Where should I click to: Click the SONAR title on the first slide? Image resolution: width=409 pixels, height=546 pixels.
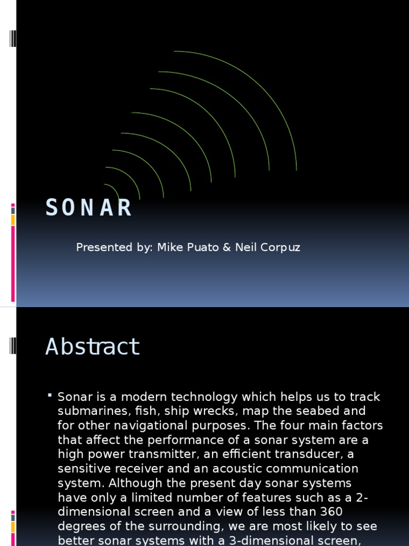click(x=88, y=208)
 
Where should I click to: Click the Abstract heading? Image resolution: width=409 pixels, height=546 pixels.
click(x=92, y=347)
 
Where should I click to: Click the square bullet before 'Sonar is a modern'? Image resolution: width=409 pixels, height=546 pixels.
click(x=50, y=396)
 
